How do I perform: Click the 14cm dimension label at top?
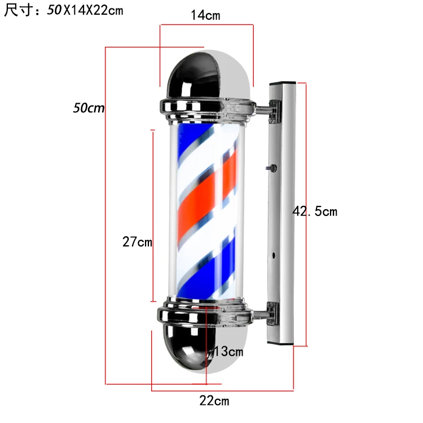coord(205,15)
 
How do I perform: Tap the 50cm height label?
coord(89,108)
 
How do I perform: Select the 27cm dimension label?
coord(137,241)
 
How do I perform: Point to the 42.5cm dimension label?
coord(315,211)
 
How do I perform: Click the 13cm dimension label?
coord(228,352)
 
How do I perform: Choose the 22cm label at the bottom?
coord(214,401)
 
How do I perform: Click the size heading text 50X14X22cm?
coord(85,11)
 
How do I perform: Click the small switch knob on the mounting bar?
coord(272,168)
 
